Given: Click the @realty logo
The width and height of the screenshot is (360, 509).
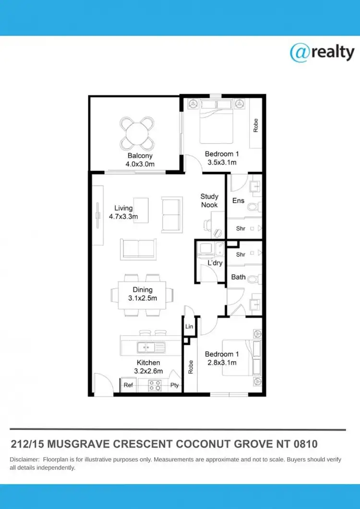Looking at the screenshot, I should pyautogui.click(x=322, y=53).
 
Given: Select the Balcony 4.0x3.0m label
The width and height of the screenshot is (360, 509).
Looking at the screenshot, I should pyautogui.click(x=140, y=160).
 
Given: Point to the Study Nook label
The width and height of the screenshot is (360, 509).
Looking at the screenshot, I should pyautogui.click(x=209, y=201).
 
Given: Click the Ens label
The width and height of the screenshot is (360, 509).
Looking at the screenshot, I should pyautogui.click(x=238, y=200).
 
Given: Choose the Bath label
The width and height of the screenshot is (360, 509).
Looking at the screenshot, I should pyautogui.click(x=238, y=277).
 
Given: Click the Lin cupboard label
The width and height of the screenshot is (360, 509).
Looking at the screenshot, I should pyautogui.click(x=189, y=327).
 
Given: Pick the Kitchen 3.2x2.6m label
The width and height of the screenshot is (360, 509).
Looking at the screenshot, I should pyautogui.click(x=148, y=367).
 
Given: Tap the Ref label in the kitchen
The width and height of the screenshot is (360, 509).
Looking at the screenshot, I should pyautogui.click(x=128, y=385).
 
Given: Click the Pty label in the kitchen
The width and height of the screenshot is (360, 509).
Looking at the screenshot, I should pyautogui.click(x=174, y=385).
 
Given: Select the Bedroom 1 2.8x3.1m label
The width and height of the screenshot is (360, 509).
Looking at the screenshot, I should pyautogui.click(x=221, y=359).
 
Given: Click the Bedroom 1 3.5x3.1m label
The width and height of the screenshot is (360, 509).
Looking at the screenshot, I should pyautogui.click(x=221, y=158).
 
